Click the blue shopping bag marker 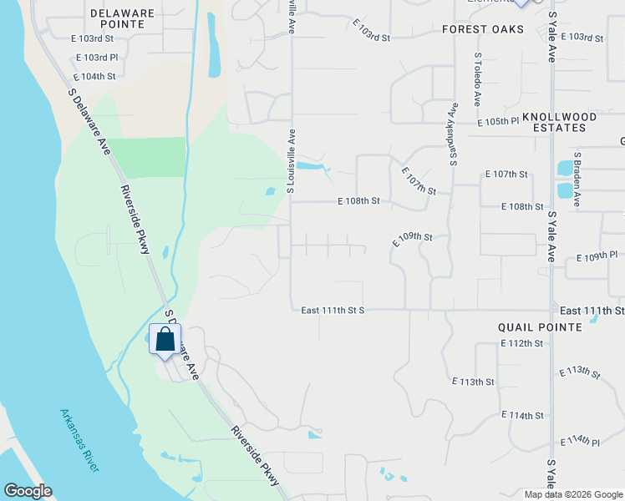pyautogui.click(x=165, y=340)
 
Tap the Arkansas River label pyautogui.click(x=79, y=440)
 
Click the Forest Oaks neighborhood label pyautogui.click(x=483, y=29)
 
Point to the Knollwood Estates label pyautogui.click(x=559, y=122)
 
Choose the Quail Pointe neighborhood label pyautogui.click(x=539, y=327)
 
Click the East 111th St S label pyautogui.click(x=333, y=310)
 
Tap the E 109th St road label pyautogui.click(x=413, y=238)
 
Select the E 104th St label pyautogui.click(x=94, y=76)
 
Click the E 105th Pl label pyautogui.click(x=498, y=122)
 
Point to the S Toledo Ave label pyautogui.click(x=477, y=79)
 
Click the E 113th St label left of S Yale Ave pyautogui.click(x=473, y=382)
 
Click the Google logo pyautogui.click(x=28, y=491)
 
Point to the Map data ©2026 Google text pyautogui.click(x=573, y=494)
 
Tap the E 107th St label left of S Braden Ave pyautogui.click(x=506, y=175)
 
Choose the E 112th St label pyautogui.click(x=521, y=344)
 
